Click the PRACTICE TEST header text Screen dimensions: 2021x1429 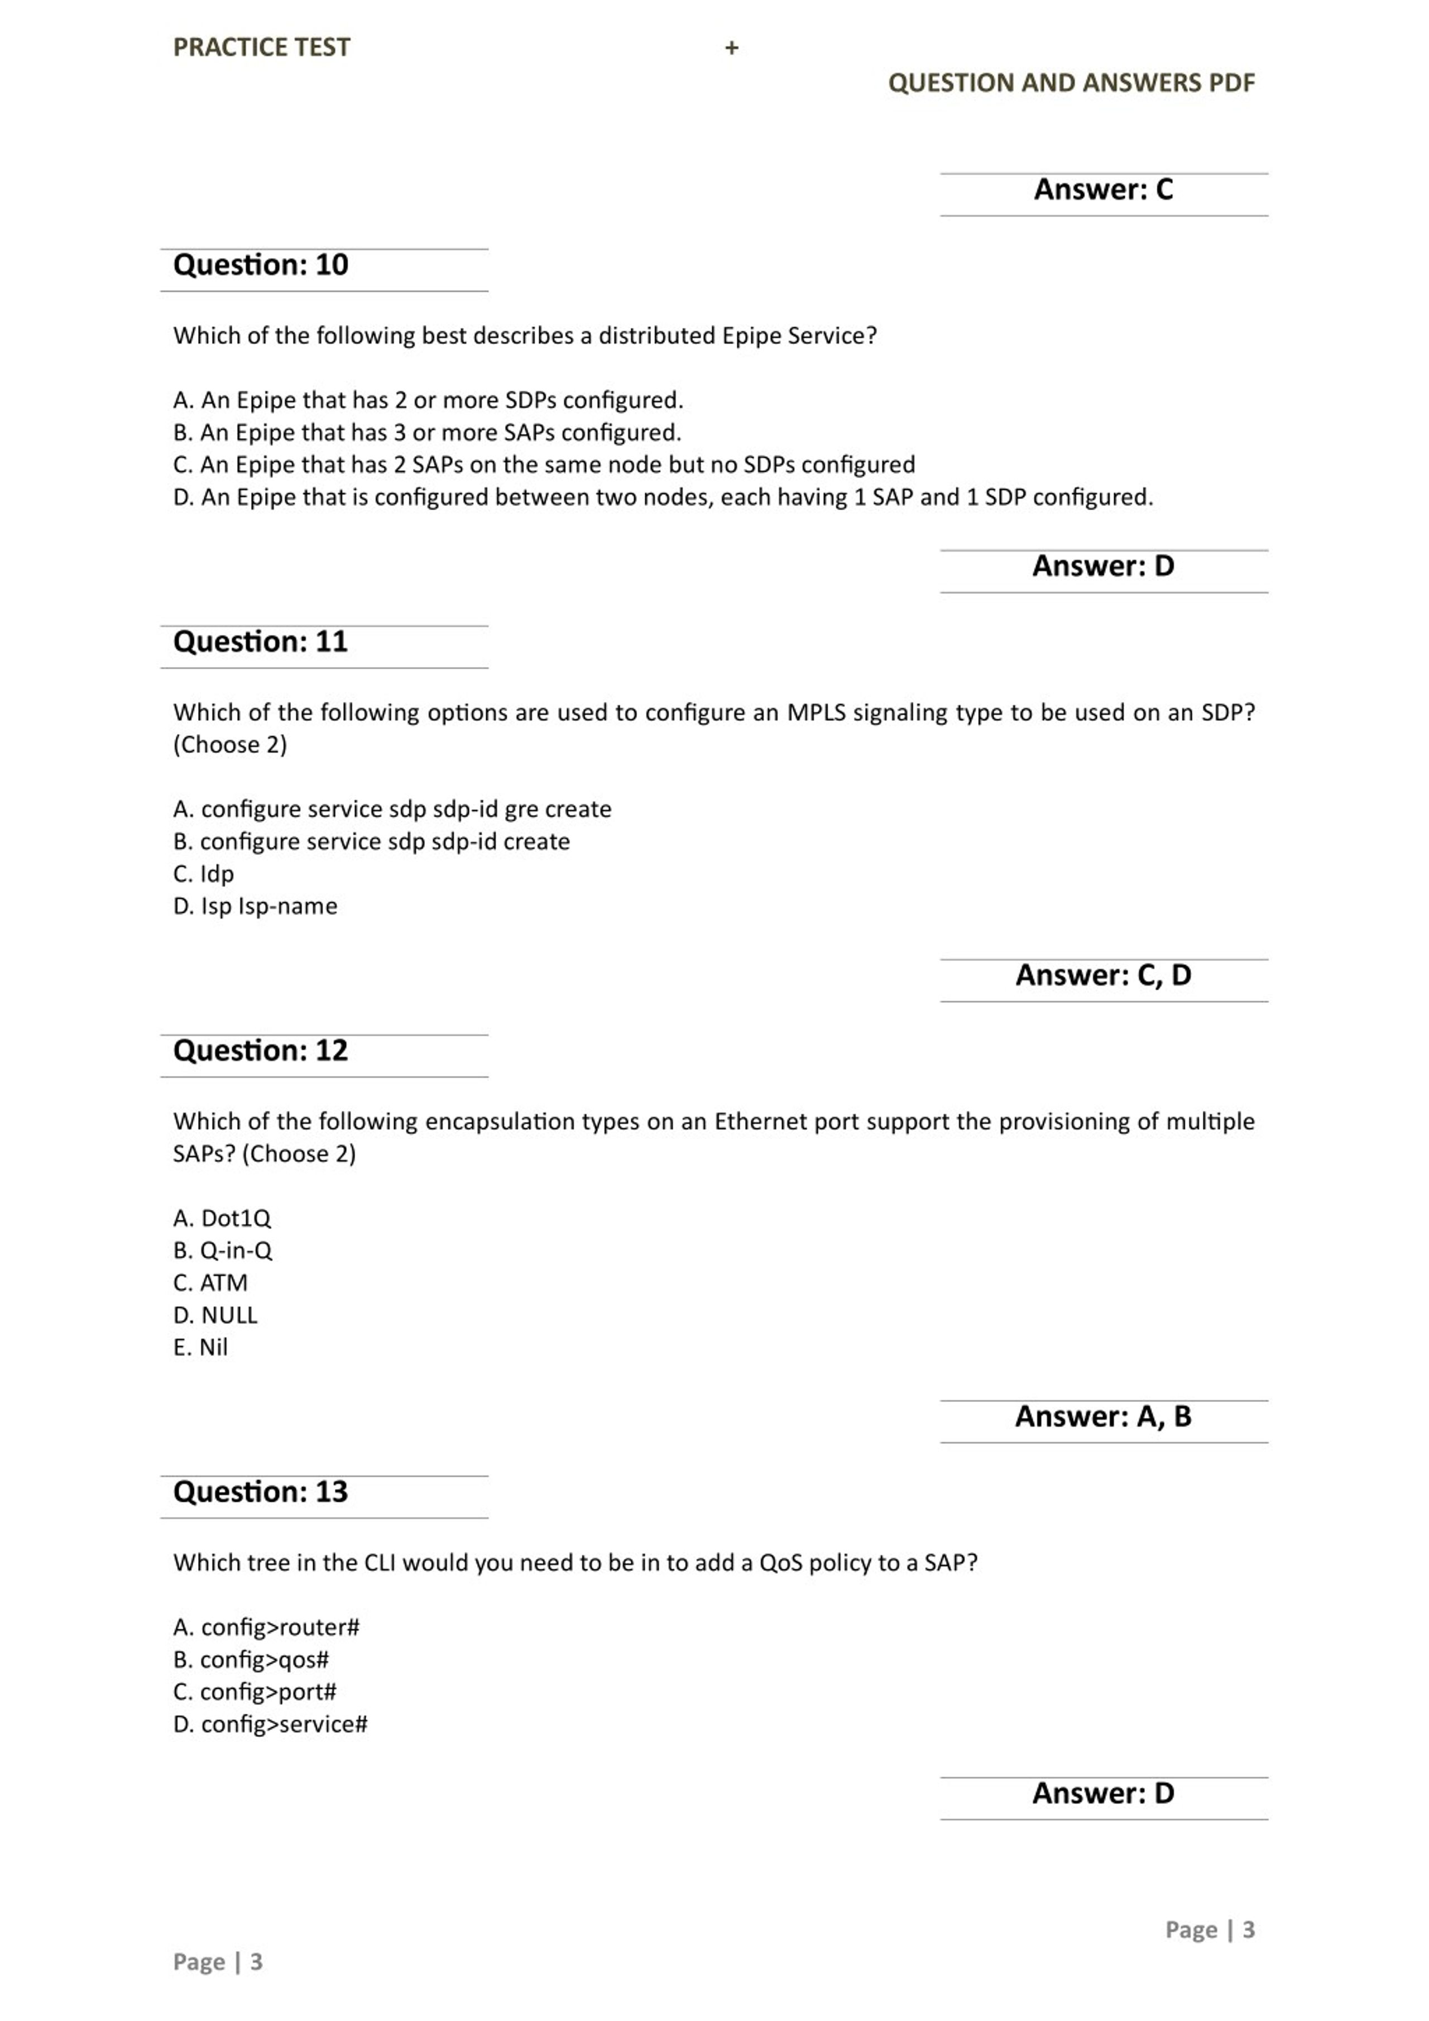[261, 47]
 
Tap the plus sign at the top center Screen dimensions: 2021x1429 [731, 49]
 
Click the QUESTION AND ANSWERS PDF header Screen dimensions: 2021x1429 [1071, 83]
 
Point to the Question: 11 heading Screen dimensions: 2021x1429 [261, 641]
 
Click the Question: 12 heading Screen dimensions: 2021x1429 [261, 1050]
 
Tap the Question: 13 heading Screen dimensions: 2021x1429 [261, 1491]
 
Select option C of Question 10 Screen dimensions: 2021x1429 [544, 464]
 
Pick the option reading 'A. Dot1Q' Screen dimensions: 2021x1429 [222, 1218]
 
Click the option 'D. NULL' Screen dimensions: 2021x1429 [215, 1315]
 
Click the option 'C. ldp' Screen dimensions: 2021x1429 [203, 874]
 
